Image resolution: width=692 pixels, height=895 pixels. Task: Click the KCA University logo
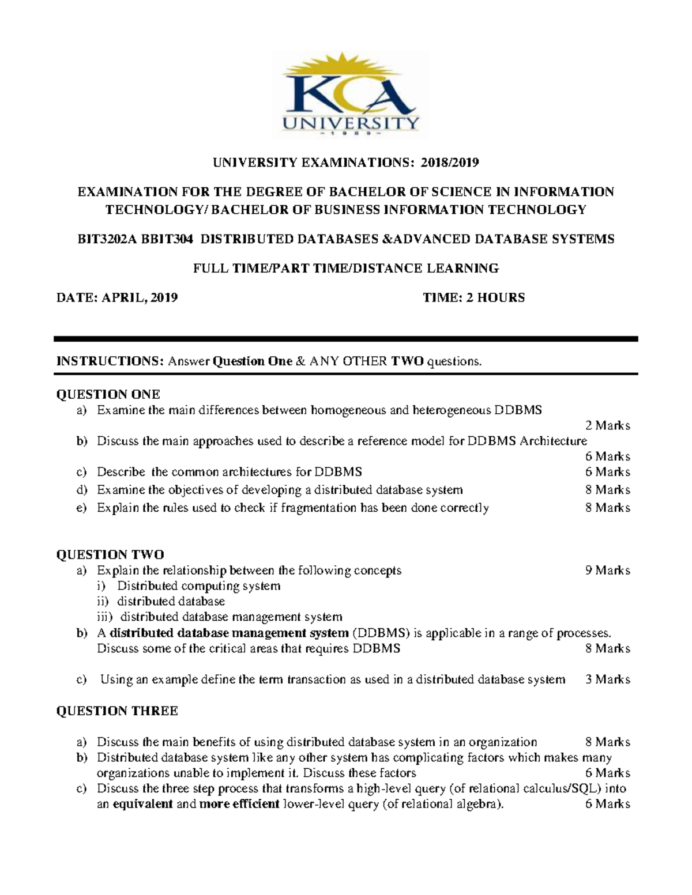tap(349, 96)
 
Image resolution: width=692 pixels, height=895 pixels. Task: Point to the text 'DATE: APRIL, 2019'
tap(116, 297)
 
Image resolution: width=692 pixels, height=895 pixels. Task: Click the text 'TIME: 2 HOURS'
tap(473, 297)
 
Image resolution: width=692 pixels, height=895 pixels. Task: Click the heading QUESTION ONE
tap(108, 394)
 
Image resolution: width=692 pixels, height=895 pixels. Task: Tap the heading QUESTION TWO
tap(110, 554)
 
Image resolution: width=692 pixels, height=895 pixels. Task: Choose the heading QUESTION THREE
tap(116, 711)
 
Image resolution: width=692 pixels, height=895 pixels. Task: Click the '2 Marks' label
tap(607, 426)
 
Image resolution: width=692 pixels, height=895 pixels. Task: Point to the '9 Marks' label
tap(607, 571)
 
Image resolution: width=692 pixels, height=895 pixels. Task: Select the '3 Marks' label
tap(607, 679)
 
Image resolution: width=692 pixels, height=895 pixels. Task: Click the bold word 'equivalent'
tap(142, 804)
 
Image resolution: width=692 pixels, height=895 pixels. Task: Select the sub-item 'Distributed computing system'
tap(199, 586)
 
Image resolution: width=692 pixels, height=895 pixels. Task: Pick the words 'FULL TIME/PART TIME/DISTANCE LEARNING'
tap(345, 268)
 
